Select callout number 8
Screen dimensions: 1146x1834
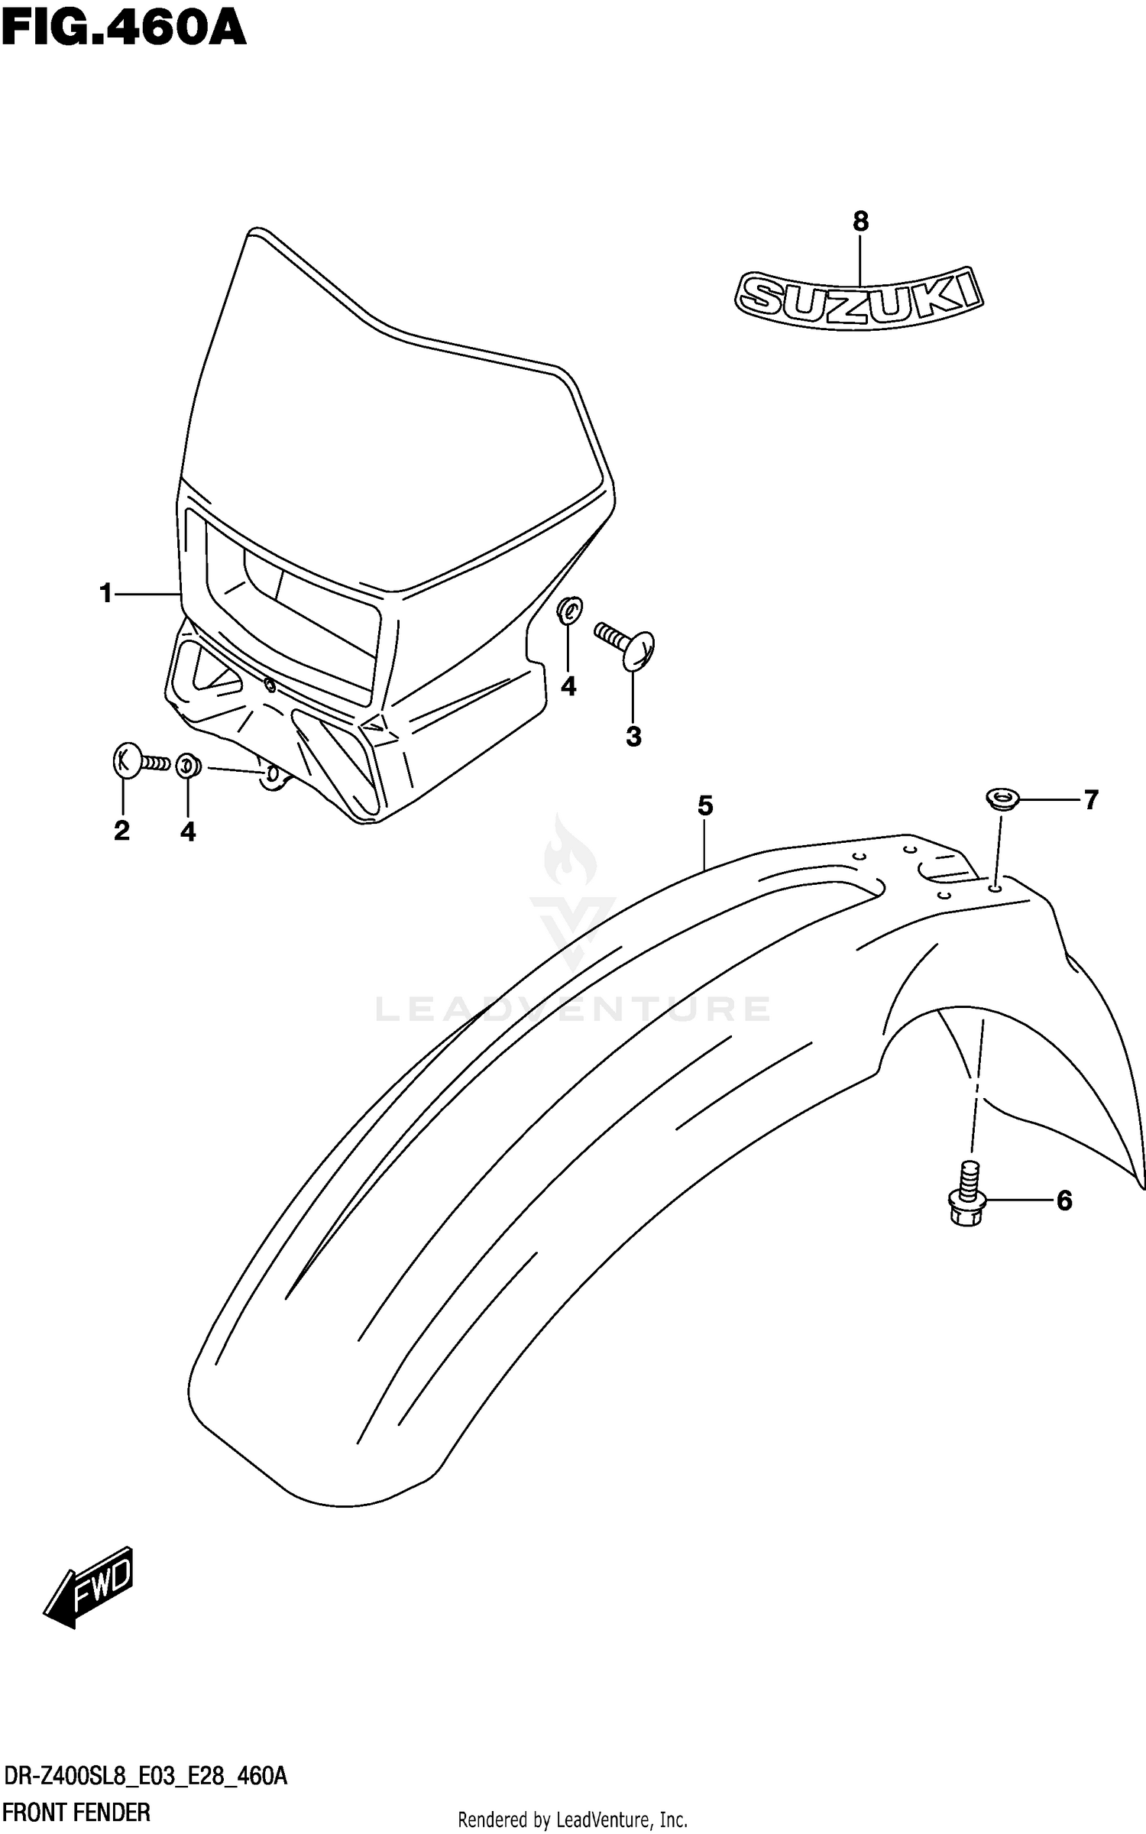click(860, 222)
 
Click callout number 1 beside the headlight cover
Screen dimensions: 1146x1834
click(106, 593)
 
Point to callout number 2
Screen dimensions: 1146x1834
click(122, 831)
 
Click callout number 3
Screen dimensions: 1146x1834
click(633, 737)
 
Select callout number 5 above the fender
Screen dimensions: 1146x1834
click(704, 805)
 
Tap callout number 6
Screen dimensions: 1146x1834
click(1064, 1201)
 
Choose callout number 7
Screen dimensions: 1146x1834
click(1090, 800)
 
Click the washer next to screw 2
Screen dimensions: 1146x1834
click(188, 764)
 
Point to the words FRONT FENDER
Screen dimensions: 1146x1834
click(76, 1812)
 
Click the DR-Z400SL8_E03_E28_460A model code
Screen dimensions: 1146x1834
click(145, 1776)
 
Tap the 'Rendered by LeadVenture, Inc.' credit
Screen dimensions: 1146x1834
click(573, 1819)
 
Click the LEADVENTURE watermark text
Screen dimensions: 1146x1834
click(573, 1009)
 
